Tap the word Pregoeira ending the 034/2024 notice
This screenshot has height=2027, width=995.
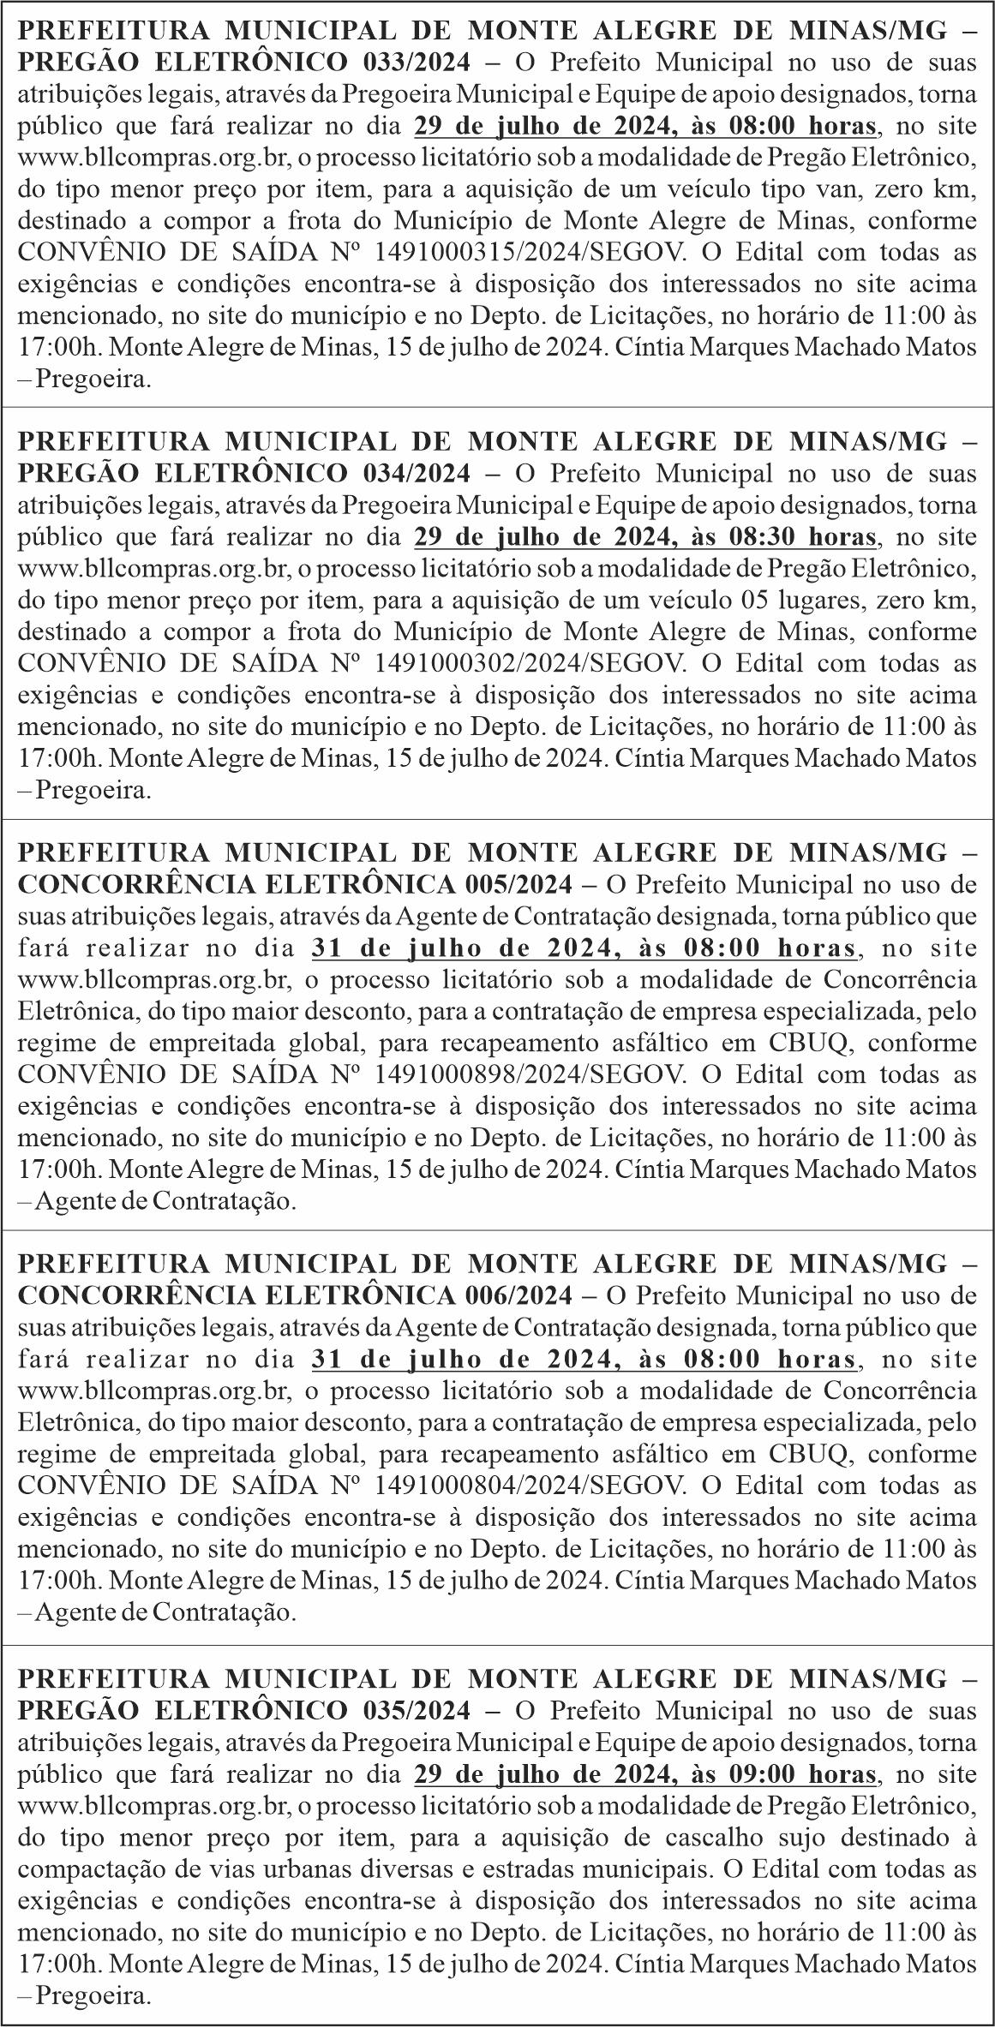(x=93, y=791)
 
